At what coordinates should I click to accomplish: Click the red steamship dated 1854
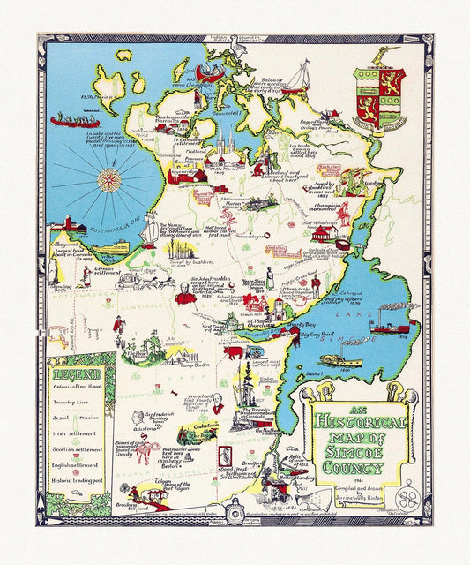coord(389,326)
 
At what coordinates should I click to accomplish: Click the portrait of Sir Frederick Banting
coord(131,418)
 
